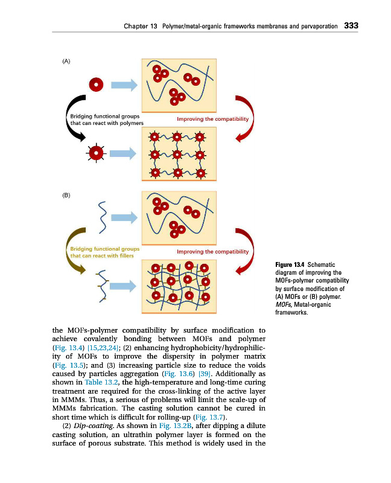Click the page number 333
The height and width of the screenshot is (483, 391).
click(x=351, y=26)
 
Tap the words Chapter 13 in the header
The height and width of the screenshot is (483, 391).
click(x=137, y=27)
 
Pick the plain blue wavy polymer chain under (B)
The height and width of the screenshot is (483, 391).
click(x=103, y=216)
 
